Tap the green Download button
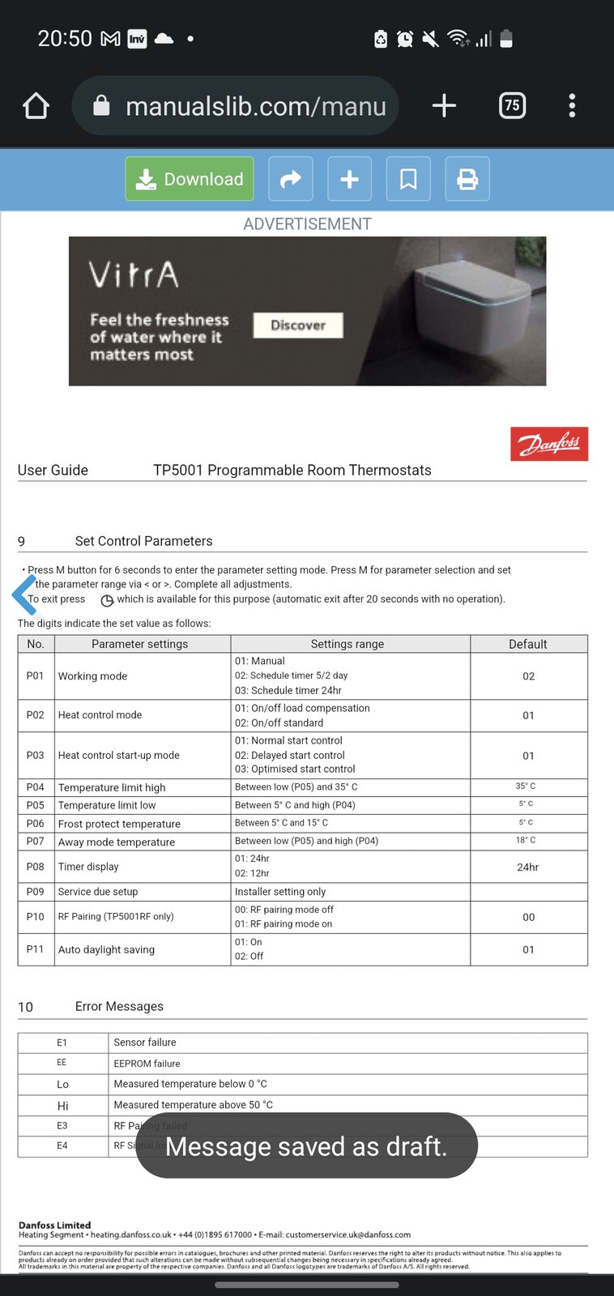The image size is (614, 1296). point(190,179)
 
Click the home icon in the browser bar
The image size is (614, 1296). point(36,105)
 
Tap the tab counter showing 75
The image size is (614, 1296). point(512,105)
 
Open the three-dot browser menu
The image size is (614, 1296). point(572,105)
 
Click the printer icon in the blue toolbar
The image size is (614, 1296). point(467,179)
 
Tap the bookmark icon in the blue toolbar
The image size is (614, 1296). point(408,179)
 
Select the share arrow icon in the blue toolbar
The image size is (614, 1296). point(291,179)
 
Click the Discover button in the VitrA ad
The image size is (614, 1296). point(298,325)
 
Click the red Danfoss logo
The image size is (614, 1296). point(549,444)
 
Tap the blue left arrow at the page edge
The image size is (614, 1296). point(24,595)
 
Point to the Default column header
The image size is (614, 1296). point(528,644)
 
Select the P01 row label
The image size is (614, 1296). point(35,676)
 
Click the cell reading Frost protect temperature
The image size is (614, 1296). point(119,824)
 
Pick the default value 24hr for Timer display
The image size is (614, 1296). point(528,867)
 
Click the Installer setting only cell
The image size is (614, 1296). point(280,891)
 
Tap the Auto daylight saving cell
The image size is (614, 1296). point(106,949)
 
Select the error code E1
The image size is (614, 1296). point(62,1042)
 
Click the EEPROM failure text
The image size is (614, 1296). point(147,1064)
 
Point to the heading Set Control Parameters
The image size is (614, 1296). point(143,541)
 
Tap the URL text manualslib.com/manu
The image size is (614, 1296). point(256,106)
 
